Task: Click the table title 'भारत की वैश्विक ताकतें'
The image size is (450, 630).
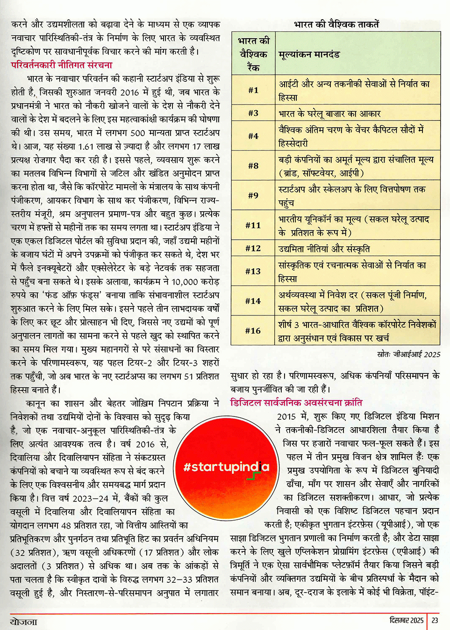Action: [336, 24]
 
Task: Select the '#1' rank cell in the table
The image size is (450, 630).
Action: [253, 90]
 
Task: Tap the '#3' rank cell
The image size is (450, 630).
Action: [253, 113]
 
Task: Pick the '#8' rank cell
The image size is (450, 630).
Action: [253, 165]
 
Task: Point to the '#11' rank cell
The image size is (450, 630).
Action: [253, 225]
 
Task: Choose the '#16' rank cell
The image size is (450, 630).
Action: [253, 331]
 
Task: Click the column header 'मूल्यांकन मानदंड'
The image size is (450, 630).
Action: [309, 55]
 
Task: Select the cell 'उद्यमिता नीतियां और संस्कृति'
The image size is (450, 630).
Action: [324, 249]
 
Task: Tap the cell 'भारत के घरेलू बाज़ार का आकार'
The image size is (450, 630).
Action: [329, 114]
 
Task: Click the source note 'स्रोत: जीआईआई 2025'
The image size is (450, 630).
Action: [408, 354]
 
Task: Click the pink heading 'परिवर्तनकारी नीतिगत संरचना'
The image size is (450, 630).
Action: [62, 65]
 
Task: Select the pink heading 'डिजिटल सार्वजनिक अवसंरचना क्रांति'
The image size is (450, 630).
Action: [296, 402]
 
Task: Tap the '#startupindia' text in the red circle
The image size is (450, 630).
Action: [226, 467]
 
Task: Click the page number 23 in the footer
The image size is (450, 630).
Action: [435, 620]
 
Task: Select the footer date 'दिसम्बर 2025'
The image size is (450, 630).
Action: [406, 620]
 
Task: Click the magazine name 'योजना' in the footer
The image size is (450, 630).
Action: [23, 621]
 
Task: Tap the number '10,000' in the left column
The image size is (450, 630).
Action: [185, 282]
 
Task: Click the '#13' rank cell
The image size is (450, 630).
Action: [253, 271]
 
